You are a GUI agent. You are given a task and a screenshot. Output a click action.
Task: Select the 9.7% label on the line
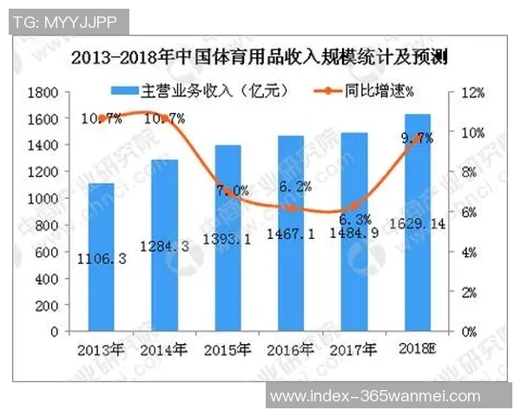[x=417, y=137]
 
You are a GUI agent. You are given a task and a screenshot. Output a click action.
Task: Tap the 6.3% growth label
[x=355, y=219]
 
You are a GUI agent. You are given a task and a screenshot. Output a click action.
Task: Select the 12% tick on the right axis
[x=473, y=92]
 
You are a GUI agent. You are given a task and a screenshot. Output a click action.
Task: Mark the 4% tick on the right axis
[x=470, y=252]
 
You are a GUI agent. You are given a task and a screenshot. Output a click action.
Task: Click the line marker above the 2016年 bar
[x=293, y=208]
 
